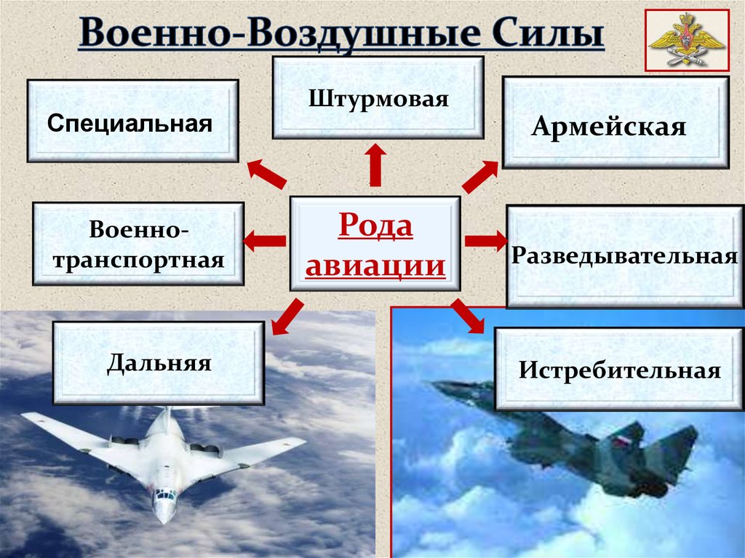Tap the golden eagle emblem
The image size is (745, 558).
687,41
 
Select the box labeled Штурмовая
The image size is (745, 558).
378,98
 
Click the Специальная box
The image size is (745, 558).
132,121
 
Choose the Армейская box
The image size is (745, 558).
615,123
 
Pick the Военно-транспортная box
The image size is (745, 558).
138,244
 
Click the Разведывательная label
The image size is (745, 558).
624,255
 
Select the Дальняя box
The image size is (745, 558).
159,363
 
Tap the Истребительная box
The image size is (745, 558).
620,369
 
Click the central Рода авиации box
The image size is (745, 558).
375,244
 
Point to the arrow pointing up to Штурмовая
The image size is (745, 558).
375,165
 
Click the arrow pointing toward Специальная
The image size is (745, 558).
266,173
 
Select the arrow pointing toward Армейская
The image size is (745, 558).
480,177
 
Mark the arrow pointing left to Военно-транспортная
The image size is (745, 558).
264,241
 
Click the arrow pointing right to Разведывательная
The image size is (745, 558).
486,241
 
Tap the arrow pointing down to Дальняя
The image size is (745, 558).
287,317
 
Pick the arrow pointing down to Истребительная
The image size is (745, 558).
468,316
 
